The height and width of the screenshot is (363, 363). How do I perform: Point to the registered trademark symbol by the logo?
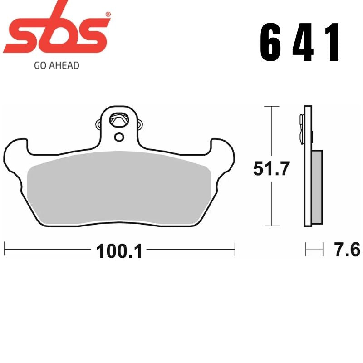pos(108,15)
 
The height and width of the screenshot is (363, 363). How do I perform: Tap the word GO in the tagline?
pos(40,65)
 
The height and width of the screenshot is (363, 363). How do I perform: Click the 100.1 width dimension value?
pos(119,250)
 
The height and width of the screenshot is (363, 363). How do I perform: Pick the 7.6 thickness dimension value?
pos(347,250)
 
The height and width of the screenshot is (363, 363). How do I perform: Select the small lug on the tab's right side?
pos(140,123)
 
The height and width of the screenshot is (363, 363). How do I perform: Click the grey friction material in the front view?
pos(119,186)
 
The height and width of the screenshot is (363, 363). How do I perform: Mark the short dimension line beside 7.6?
pos(314,249)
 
